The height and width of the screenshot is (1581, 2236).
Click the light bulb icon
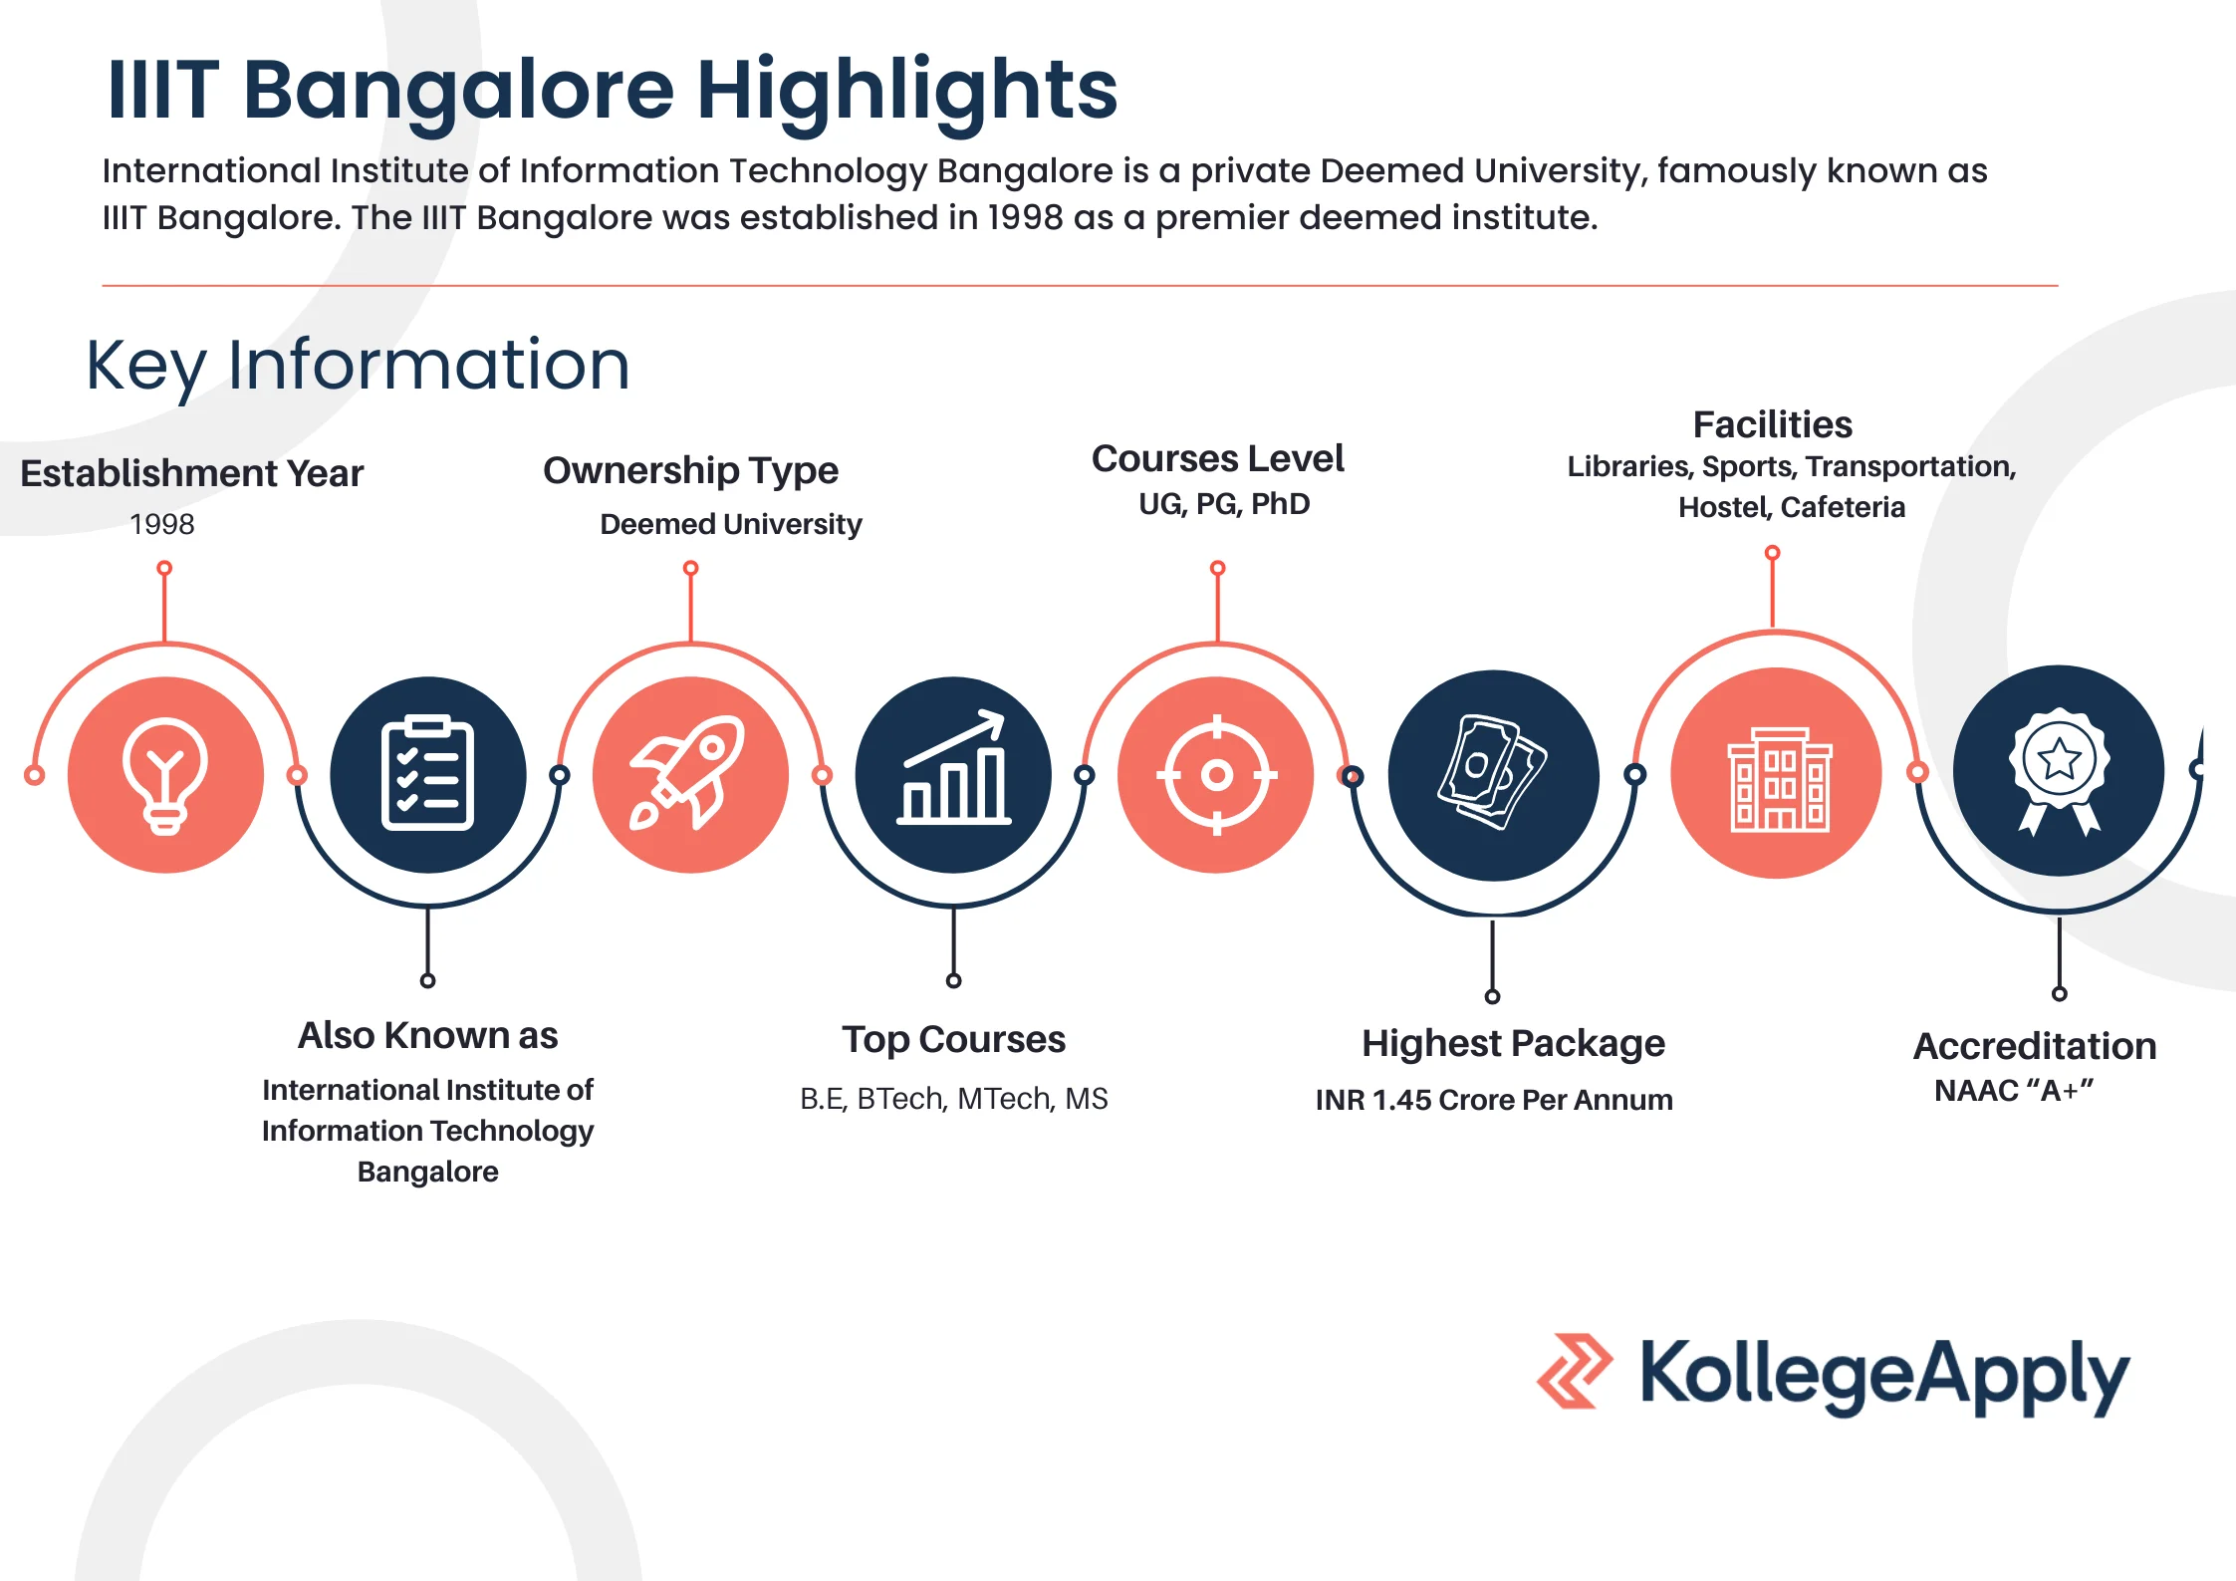pyautogui.click(x=165, y=774)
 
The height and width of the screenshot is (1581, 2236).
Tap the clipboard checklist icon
pyautogui.click(x=427, y=774)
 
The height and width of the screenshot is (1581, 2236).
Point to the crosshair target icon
pyautogui.click(x=1216, y=774)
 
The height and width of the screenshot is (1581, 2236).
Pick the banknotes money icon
pyautogui.click(x=1492, y=773)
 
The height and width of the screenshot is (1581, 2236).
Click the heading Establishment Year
pyautogui.click(x=191, y=473)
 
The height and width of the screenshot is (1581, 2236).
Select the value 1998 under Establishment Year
pyautogui.click(x=162, y=524)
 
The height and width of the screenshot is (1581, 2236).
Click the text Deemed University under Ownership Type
pyautogui.click(x=730, y=524)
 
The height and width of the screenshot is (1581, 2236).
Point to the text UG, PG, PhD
pyautogui.click(x=1224, y=504)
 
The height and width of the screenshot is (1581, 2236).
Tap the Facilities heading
pyautogui.click(x=1773, y=425)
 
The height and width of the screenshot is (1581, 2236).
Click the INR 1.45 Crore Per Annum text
pyautogui.click(x=1494, y=1100)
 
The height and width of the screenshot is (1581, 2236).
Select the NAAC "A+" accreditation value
pyautogui.click(x=2014, y=1091)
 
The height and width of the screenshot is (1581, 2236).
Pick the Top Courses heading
pyautogui.click(x=953, y=1039)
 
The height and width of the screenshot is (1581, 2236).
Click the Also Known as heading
pyautogui.click(x=427, y=1035)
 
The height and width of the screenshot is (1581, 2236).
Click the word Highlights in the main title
pyautogui.click(x=906, y=90)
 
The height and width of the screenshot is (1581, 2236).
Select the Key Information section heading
pyautogui.click(x=358, y=365)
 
